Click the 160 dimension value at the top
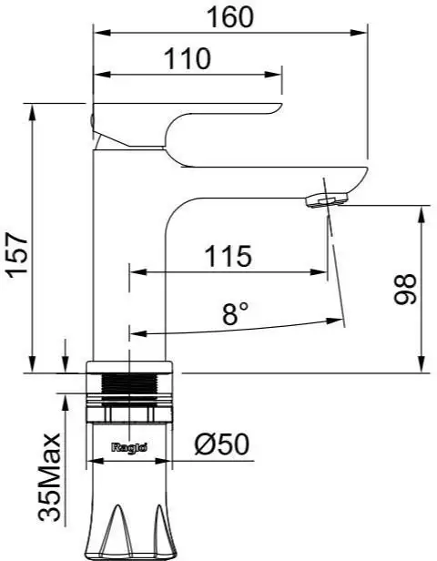[x=229, y=16]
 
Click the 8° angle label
[x=235, y=315]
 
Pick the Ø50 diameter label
[x=221, y=444]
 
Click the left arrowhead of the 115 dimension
[x=137, y=271]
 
